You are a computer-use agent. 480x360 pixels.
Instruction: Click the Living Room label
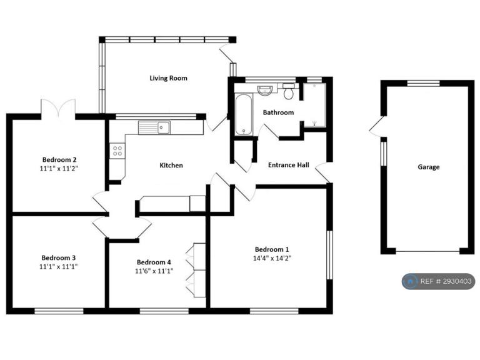pyautogui.click(x=168, y=78)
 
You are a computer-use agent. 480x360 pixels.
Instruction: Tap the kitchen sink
pyautogui.click(x=154, y=127)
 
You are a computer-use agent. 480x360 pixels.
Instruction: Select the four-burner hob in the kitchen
pyautogui.click(x=117, y=151)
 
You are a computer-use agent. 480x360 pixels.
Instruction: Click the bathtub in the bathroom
pyautogui.click(x=244, y=114)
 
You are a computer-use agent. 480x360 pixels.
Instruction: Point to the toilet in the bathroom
pyautogui.click(x=288, y=91)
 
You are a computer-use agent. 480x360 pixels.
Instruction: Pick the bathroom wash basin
pyautogui.click(x=265, y=90)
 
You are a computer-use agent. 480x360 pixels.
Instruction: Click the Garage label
pyautogui.click(x=429, y=167)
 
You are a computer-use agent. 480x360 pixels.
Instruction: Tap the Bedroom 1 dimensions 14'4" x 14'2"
pyautogui.click(x=272, y=258)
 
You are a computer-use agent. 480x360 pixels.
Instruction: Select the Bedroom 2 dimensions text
pyautogui.click(x=59, y=168)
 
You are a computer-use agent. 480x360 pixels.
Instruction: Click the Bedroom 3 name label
pyautogui.click(x=59, y=257)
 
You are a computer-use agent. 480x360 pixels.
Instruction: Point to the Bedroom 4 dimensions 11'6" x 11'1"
pyautogui.click(x=154, y=271)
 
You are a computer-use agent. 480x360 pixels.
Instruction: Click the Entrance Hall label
pyautogui.click(x=288, y=165)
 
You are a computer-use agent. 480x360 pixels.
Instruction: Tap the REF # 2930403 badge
pyautogui.click(x=438, y=281)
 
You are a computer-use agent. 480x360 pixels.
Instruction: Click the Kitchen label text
pyautogui.click(x=171, y=166)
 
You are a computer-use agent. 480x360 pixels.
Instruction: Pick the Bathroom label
pyautogui.click(x=278, y=112)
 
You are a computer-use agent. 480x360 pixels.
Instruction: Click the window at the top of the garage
pyautogui.click(x=423, y=83)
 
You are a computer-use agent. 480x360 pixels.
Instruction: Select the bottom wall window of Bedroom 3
pyautogui.click(x=59, y=311)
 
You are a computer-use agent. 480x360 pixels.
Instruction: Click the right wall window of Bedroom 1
pyautogui.click(x=329, y=255)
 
